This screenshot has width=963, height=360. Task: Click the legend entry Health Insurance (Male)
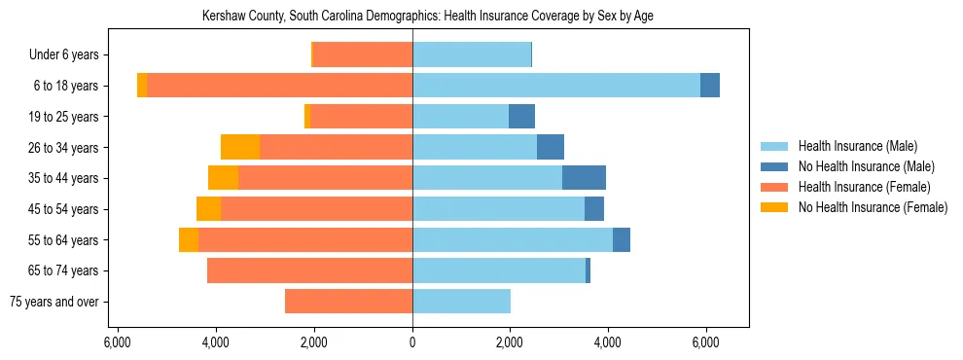pyautogui.click(x=856, y=146)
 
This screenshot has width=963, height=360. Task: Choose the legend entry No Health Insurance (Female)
pyautogui.click(x=872, y=207)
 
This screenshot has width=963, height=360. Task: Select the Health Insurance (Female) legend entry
pyautogui.click(x=864, y=187)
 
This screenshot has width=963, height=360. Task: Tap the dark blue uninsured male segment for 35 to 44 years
pyautogui.click(x=584, y=178)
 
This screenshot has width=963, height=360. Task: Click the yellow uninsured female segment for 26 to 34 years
pyautogui.click(x=240, y=147)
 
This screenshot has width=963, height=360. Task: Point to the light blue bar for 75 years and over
pyautogui.click(x=461, y=302)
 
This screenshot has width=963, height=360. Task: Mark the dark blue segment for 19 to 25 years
pyautogui.click(x=521, y=117)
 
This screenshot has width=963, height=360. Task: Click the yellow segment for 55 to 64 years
pyautogui.click(x=189, y=239)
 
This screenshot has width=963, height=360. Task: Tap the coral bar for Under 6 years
pyautogui.click(x=363, y=54)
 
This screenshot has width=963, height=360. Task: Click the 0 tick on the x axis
pyautogui.click(x=412, y=342)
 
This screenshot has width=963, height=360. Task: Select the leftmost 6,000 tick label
pyautogui.click(x=117, y=342)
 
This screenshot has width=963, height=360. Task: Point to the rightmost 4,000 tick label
pyautogui.click(x=608, y=342)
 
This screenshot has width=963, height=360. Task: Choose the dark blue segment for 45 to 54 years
pyautogui.click(x=594, y=209)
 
